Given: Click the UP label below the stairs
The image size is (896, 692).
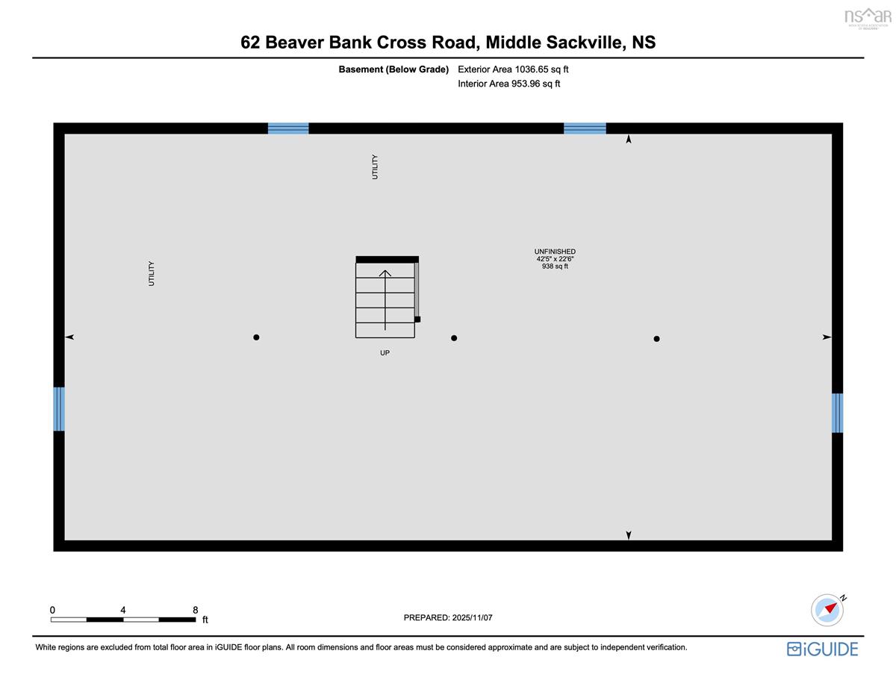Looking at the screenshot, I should pyautogui.click(x=385, y=353).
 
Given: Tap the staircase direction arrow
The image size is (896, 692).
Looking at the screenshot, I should pyautogui.click(x=385, y=299).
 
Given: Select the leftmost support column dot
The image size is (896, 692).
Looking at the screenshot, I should pyautogui.click(x=256, y=337).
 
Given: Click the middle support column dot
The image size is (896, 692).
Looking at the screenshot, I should pyautogui.click(x=454, y=338).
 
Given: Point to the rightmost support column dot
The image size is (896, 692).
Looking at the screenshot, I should pyautogui.click(x=656, y=339).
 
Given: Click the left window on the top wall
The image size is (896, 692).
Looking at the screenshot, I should pyautogui.click(x=288, y=128).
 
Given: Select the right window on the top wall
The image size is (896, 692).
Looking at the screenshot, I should pyautogui.click(x=585, y=128).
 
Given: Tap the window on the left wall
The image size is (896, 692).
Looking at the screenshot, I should pyautogui.click(x=59, y=409).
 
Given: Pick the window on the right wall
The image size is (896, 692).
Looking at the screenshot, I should pyautogui.click(x=837, y=413).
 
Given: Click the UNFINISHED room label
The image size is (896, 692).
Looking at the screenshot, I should pyautogui.click(x=555, y=252).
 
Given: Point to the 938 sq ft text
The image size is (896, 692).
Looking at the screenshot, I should pyautogui.click(x=555, y=266).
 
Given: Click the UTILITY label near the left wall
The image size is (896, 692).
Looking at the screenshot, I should pyautogui.click(x=152, y=273).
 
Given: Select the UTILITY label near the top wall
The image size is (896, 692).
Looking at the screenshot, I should pyautogui.click(x=375, y=166).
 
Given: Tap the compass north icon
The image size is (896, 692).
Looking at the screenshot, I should pyautogui.click(x=827, y=610).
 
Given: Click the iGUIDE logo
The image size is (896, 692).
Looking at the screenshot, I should pyautogui.click(x=822, y=649).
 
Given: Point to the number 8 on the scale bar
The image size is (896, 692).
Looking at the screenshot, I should pyautogui.click(x=195, y=610).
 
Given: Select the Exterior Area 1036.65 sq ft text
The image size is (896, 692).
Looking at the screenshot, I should pyautogui.click(x=513, y=69).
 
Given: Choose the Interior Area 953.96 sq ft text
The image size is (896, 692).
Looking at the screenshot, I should pyautogui.click(x=508, y=84).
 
